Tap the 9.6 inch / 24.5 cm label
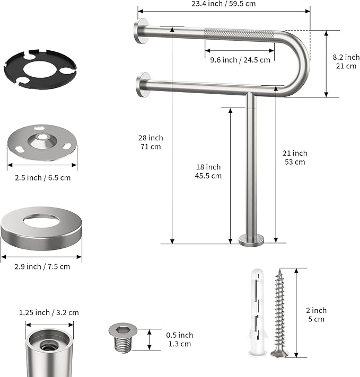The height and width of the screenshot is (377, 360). click(x=240, y=60)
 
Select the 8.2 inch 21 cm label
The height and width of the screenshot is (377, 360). click(x=346, y=61)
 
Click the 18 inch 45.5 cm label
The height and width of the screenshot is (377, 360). click(x=208, y=171)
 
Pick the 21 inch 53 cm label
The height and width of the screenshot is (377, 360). click(x=294, y=157)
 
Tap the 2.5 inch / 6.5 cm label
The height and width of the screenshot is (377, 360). click(x=42, y=177)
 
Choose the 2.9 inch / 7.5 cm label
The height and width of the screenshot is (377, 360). click(x=42, y=266)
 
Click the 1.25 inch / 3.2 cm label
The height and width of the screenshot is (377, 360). click(x=49, y=312)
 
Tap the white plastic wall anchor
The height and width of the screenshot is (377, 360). click(x=255, y=313)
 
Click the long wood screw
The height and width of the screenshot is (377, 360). click(x=279, y=313)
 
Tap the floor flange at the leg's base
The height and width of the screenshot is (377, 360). click(x=250, y=241)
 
